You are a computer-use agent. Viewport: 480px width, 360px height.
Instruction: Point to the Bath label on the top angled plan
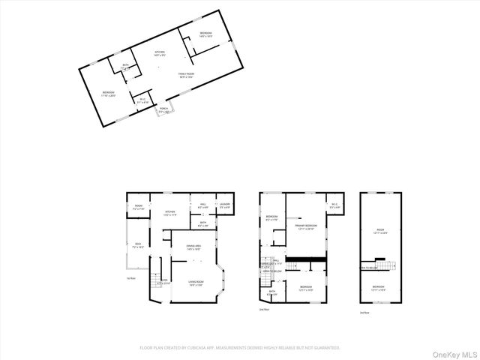pos(125,67)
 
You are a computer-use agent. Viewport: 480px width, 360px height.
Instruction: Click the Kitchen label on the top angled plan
pos(159,54)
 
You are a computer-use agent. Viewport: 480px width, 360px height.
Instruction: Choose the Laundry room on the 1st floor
pos(223,205)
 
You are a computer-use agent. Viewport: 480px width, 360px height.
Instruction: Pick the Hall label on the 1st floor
pos(202,205)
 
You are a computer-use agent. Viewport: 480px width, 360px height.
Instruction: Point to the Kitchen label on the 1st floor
pos(171,213)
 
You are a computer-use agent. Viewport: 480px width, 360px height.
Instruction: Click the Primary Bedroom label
pos(306,226)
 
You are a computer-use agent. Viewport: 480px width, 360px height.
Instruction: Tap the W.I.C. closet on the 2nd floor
pos(334,205)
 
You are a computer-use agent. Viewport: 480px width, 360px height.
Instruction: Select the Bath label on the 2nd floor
pos(273,293)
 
